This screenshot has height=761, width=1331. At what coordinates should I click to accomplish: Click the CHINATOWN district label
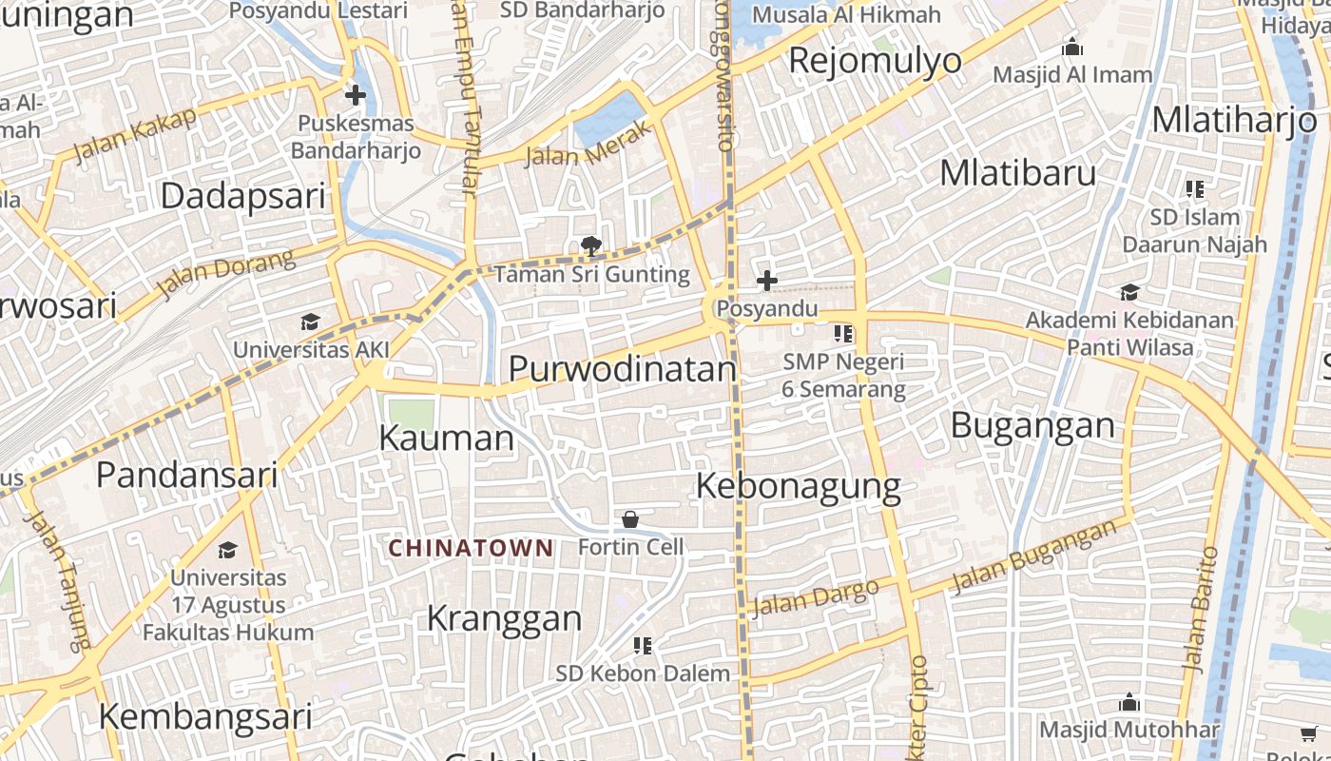tap(471, 548)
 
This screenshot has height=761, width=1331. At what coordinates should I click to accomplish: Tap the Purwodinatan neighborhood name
tap(623, 369)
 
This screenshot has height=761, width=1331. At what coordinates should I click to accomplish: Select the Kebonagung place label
tap(798, 486)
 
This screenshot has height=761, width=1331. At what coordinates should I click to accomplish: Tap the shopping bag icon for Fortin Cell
tap(629, 519)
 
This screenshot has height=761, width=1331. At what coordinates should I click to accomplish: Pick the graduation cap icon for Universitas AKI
tap(310, 322)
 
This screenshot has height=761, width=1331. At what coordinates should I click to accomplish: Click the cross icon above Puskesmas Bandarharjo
tap(356, 95)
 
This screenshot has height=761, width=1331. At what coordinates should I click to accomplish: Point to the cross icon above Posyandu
tap(766, 281)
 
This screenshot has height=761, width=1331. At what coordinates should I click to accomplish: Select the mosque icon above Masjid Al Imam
tap(1072, 47)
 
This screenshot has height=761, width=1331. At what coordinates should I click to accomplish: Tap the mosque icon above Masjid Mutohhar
tap(1129, 703)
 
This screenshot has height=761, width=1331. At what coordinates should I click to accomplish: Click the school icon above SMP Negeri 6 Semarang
tap(843, 334)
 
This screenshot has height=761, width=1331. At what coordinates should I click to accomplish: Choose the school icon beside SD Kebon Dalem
tap(643, 646)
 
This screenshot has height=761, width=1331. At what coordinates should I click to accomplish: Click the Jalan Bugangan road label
tap(1033, 556)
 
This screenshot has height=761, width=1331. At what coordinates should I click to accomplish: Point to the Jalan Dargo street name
tap(815, 597)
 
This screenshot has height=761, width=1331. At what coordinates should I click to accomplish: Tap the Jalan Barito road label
tap(1198, 609)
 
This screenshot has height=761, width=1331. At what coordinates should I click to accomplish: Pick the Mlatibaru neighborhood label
tap(1017, 173)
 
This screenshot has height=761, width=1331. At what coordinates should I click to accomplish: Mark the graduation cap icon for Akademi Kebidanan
tap(1129, 292)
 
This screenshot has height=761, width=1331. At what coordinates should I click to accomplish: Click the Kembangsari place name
tap(205, 716)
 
